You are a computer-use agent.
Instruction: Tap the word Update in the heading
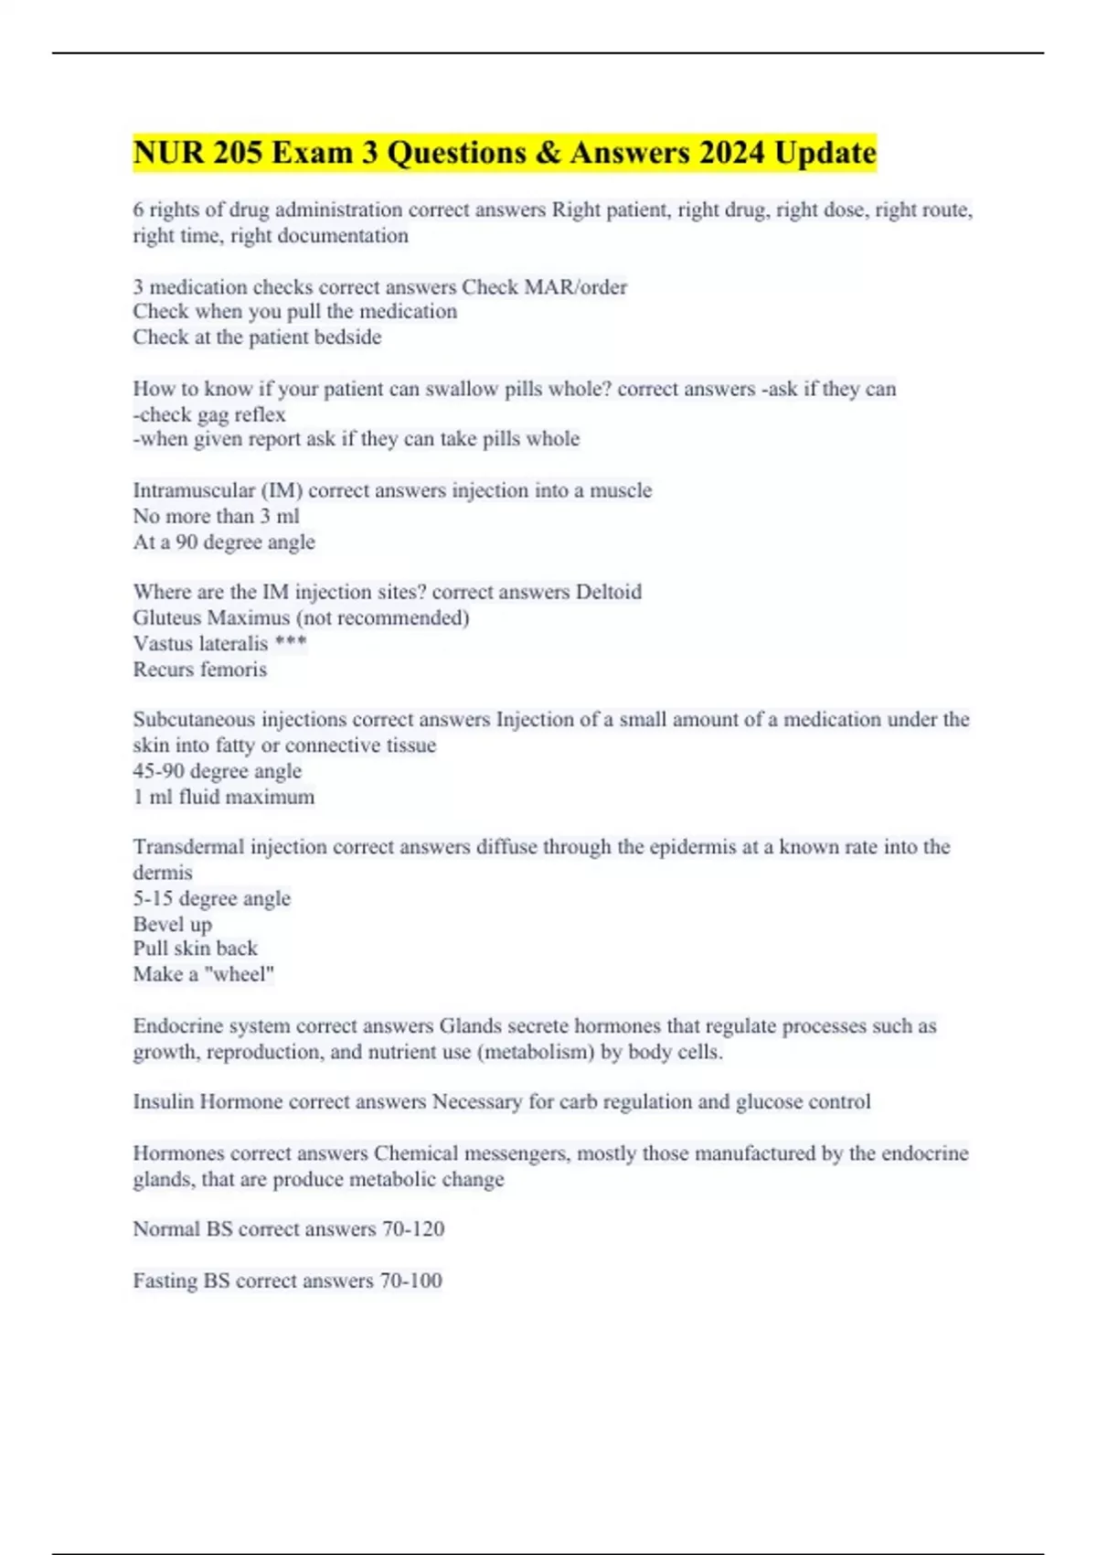coord(825,153)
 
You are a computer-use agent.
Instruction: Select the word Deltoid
coord(608,592)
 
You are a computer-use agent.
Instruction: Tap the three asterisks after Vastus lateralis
coord(290,643)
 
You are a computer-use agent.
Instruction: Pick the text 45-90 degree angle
coord(217,771)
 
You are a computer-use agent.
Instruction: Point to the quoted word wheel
coord(240,974)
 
